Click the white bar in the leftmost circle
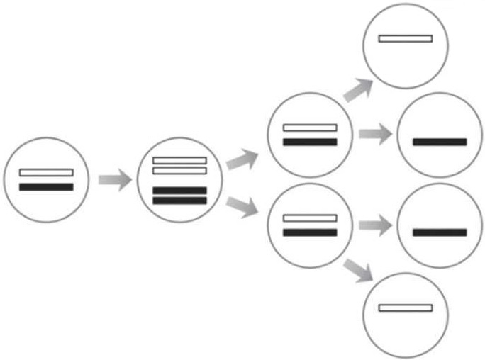click(x=46, y=173)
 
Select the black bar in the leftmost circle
click(x=46, y=187)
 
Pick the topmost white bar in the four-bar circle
click(x=179, y=161)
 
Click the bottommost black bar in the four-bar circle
click(x=179, y=201)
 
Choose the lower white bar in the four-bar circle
click(x=179, y=171)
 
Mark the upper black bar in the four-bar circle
click(x=179, y=191)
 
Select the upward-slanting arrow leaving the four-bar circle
click(x=242, y=159)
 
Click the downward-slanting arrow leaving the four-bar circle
click(x=242, y=206)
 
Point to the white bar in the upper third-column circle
click(x=310, y=128)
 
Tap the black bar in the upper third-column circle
click(x=310, y=142)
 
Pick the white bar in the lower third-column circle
click(x=310, y=218)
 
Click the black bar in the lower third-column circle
click(x=310, y=232)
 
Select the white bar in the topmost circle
click(x=405, y=38)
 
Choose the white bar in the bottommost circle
click(x=405, y=308)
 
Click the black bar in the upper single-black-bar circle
click(x=440, y=142)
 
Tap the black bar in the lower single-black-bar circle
click(x=440, y=232)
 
